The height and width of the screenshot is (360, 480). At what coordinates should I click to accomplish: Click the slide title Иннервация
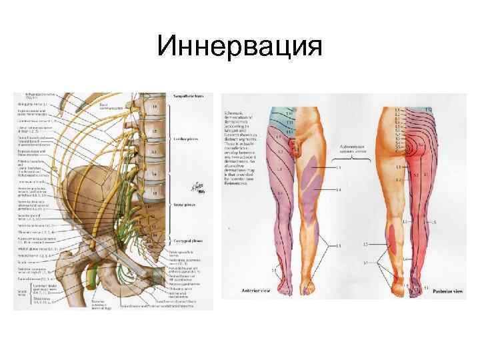(240, 47)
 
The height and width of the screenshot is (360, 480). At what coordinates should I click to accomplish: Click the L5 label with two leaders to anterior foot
(339, 246)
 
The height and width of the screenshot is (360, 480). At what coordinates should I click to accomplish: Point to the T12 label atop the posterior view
(429, 108)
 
